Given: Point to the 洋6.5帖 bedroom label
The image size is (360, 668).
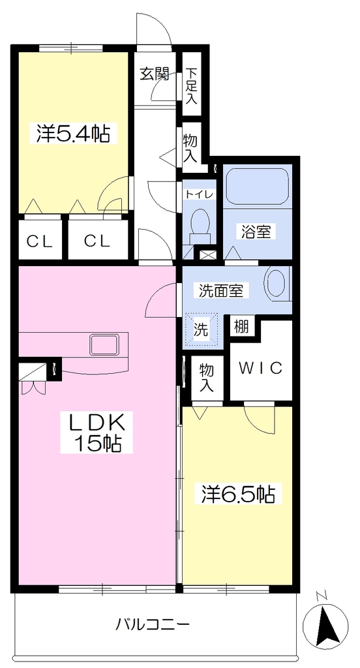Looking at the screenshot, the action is pyautogui.click(x=237, y=494).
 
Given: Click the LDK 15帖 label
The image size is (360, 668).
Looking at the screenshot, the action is pyautogui.click(x=97, y=432).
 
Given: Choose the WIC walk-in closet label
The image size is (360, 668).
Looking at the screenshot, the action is pyautogui.click(x=260, y=368).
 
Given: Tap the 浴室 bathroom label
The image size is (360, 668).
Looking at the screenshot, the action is pyautogui.click(x=256, y=232).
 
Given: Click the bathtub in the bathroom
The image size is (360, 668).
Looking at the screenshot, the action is pyautogui.click(x=258, y=187).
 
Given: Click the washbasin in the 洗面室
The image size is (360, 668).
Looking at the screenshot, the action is pyautogui.click(x=278, y=284).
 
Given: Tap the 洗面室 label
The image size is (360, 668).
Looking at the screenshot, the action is pyautogui.click(x=220, y=291).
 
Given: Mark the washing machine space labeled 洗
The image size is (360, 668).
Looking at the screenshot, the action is pyautogui.click(x=201, y=329).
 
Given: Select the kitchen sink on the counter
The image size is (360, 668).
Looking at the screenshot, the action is pyautogui.click(x=104, y=344).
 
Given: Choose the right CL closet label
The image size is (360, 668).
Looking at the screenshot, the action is pyautogui.click(x=97, y=241).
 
